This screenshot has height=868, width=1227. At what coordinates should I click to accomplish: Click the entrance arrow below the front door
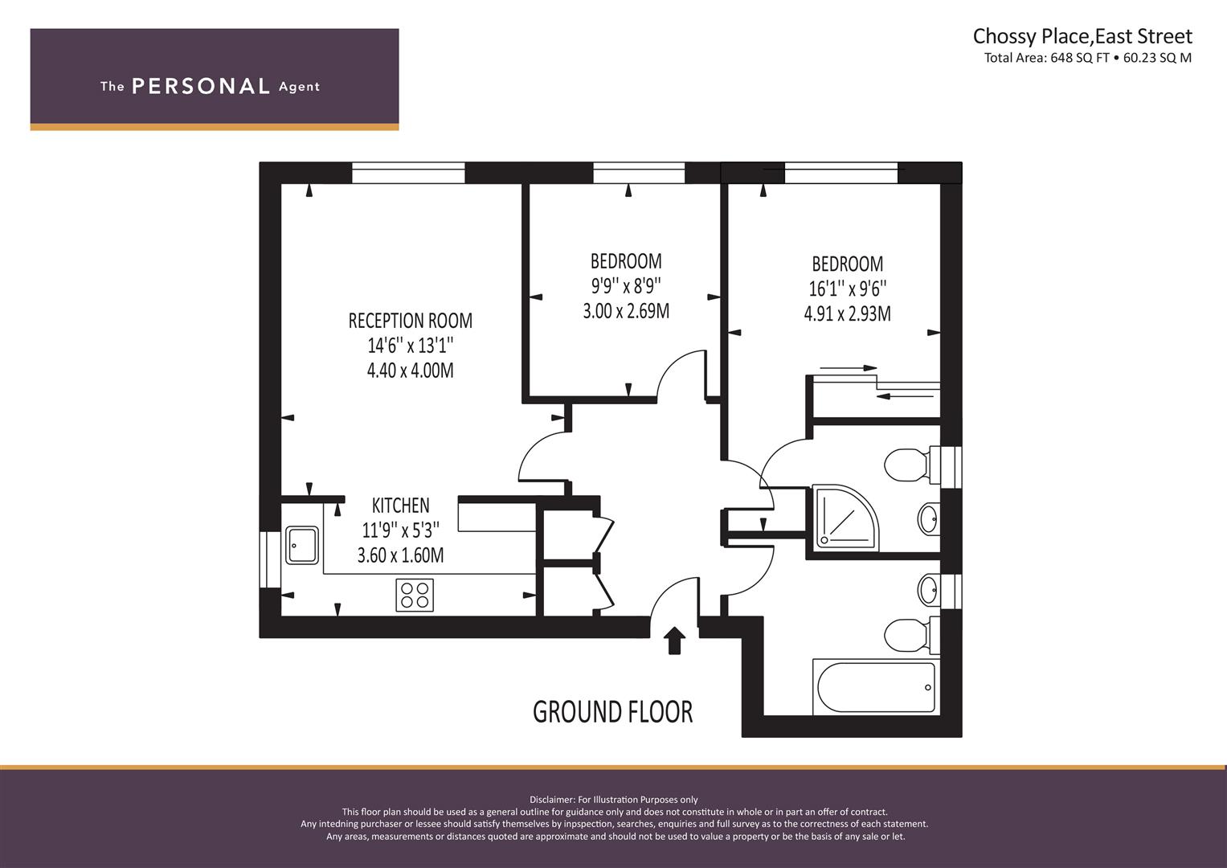pyautogui.click(x=674, y=641)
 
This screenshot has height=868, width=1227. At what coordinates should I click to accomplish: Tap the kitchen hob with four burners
pyautogui.click(x=415, y=595)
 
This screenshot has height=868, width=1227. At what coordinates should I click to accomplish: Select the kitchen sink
pyautogui.click(x=302, y=546)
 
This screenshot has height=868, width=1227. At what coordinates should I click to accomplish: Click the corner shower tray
pyautogui.click(x=846, y=518)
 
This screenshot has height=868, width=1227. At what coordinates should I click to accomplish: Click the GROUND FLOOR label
pyautogui.click(x=613, y=712)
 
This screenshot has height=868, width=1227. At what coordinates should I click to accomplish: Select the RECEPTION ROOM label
pyautogui.click(x=411, y=321)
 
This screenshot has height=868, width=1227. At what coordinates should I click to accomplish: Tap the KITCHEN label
pyautogui.click(x=400, y=506)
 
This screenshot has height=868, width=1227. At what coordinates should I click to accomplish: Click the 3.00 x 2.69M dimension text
pyautogui.click(x=626, y=311)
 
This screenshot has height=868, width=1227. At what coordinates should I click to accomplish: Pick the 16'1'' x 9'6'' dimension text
pyautogui.click(x=848, y=289)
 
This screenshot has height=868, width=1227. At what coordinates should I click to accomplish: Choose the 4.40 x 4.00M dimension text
pyautogui.click(x=411, y=371)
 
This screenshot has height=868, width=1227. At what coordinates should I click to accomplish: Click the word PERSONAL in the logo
pyautogui.click(x=201, y=86)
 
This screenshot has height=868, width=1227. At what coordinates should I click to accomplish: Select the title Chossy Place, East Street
pyautogui.click(x=1082, y=37)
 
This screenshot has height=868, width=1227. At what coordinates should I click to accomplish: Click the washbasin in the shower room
pyautogui.click(x=929, y=518)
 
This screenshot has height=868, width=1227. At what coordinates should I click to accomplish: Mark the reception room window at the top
pyautogui.click(x=408, y=173)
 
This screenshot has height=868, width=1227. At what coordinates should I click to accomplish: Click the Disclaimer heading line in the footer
pyautogui.click(x=614, y=800)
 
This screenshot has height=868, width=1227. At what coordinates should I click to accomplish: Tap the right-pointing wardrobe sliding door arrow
pyautogui.click(x=849, y=368)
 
